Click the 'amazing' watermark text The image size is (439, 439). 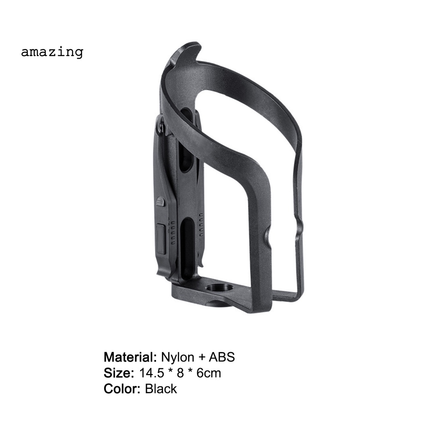(x=52, y=52)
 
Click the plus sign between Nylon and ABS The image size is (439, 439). (x=201, y=357)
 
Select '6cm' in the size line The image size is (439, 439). (x=209, y=373)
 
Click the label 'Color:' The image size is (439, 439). (x=122, y=389)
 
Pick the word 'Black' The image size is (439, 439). (x=161, y=389)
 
